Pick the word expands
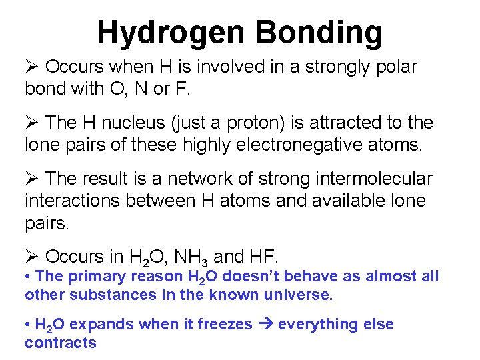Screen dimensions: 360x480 click(x=99, y=325)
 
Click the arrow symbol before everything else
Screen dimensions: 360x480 click(x=265, y=325)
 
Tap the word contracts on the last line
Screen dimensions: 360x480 click(x=61, y=343)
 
